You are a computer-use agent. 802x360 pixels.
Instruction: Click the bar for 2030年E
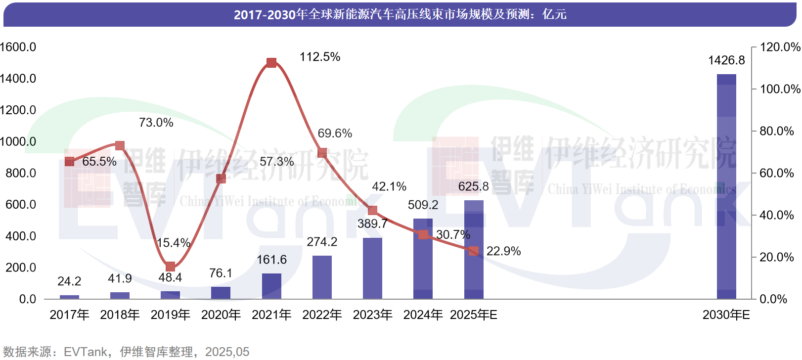tap(726, 186)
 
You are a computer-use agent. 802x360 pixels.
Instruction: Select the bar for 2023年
tap(372, 268)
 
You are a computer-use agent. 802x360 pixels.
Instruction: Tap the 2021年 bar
tap(271, 286)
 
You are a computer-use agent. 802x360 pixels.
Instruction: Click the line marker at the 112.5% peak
tap(271, 63)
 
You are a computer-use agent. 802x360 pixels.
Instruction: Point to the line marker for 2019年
tap(170, 267)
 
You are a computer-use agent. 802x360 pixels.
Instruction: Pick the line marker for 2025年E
tap(474, 251)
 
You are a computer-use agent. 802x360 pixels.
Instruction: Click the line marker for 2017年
tap(69, 162)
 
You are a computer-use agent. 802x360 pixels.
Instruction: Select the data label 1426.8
tap(726, 60)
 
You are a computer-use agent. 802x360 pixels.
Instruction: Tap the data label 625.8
tap(473, 186)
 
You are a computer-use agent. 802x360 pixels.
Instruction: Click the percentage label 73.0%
tap(156, 123)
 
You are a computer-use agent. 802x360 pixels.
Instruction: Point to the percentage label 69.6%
tap(335, 134)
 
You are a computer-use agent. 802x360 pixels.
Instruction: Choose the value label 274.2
tap(322, 242)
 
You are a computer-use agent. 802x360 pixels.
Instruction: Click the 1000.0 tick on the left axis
tap(18, 141)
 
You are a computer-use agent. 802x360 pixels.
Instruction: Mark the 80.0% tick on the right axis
tap(776, 131)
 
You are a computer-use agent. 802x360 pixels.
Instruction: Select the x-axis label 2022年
tap(322, 315)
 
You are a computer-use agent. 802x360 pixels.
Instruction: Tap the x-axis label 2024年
tap(423, 315)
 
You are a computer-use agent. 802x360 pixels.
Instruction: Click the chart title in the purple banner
tap(400, 14)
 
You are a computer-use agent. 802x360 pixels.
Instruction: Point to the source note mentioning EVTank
tap(126, 352)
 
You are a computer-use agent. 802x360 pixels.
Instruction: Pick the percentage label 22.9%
tap(503, 251)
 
